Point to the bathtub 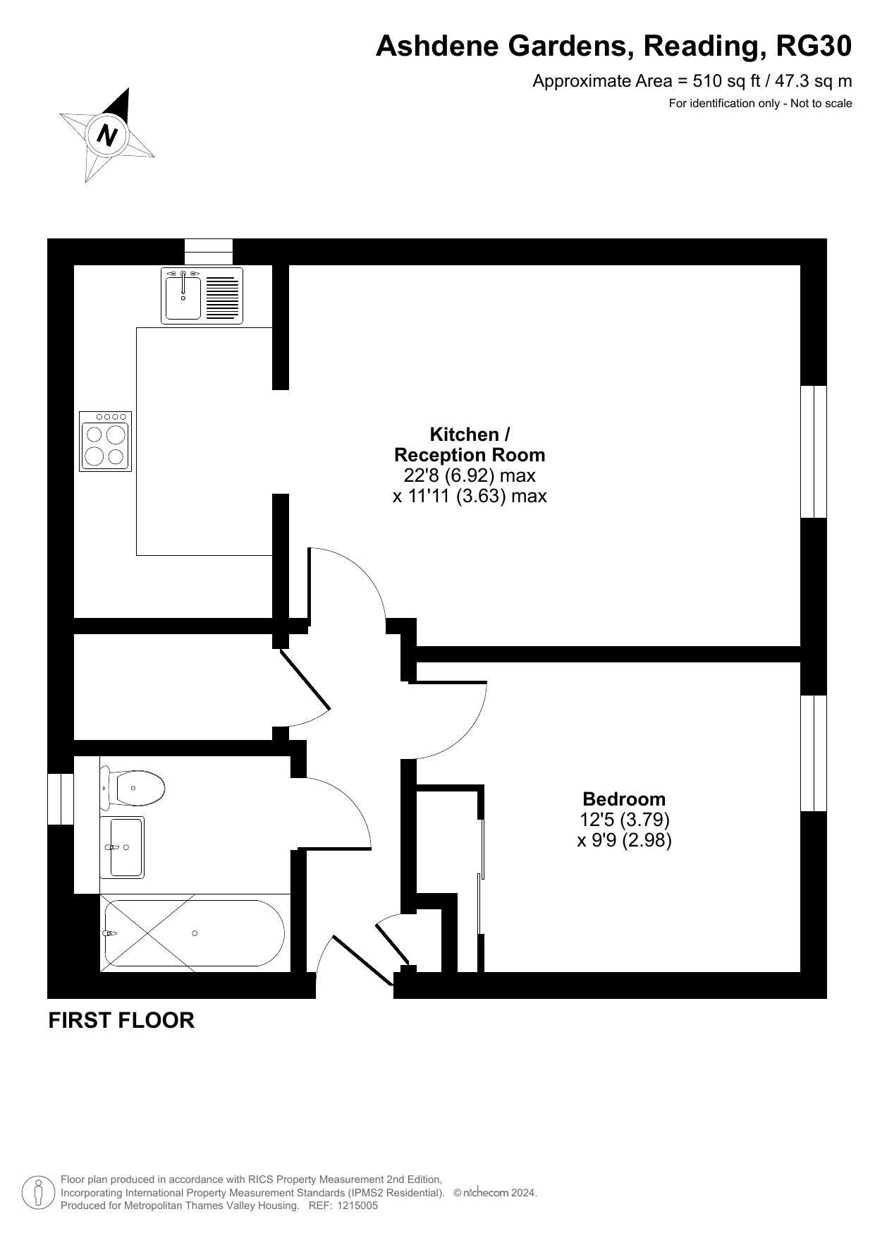195,933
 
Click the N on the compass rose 107,134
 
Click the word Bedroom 624,799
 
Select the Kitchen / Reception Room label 470,444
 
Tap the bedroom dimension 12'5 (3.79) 624,820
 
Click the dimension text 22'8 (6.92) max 470,475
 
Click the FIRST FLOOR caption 121,1021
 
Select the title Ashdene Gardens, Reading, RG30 613,47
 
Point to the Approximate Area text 692,81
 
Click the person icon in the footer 39,1193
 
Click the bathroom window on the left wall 61,799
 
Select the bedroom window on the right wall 814,753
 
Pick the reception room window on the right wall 814,451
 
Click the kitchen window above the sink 209,252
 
